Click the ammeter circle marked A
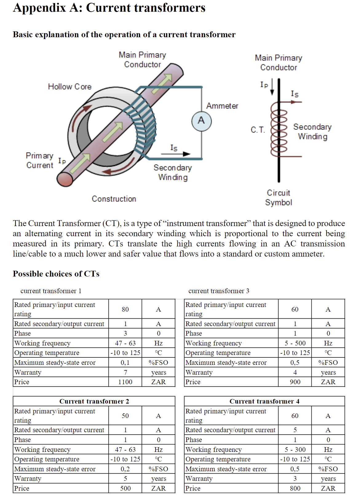tap(201, 121)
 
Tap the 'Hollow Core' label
tap(70, 87)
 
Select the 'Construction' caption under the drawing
tap(114, 199)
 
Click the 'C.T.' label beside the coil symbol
tap(258, 130)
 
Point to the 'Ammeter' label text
tap(222, 106)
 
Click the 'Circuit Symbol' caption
tap(279, 197)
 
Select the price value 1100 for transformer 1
tap(125, 382)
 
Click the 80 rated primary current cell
tap(125, 309)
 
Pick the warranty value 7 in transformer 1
tap(125, 372)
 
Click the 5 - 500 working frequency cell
tap(295, 343)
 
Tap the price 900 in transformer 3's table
tap(295, 382)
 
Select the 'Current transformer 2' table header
tap(94, 401)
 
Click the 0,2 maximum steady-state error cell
tap(125, 469)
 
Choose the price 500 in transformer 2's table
tap(125, 488)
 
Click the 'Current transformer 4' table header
tap(264, 401)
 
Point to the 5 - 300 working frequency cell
tap(295, 449)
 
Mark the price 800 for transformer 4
tap(295, 488)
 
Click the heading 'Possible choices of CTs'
tap(56, 274)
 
